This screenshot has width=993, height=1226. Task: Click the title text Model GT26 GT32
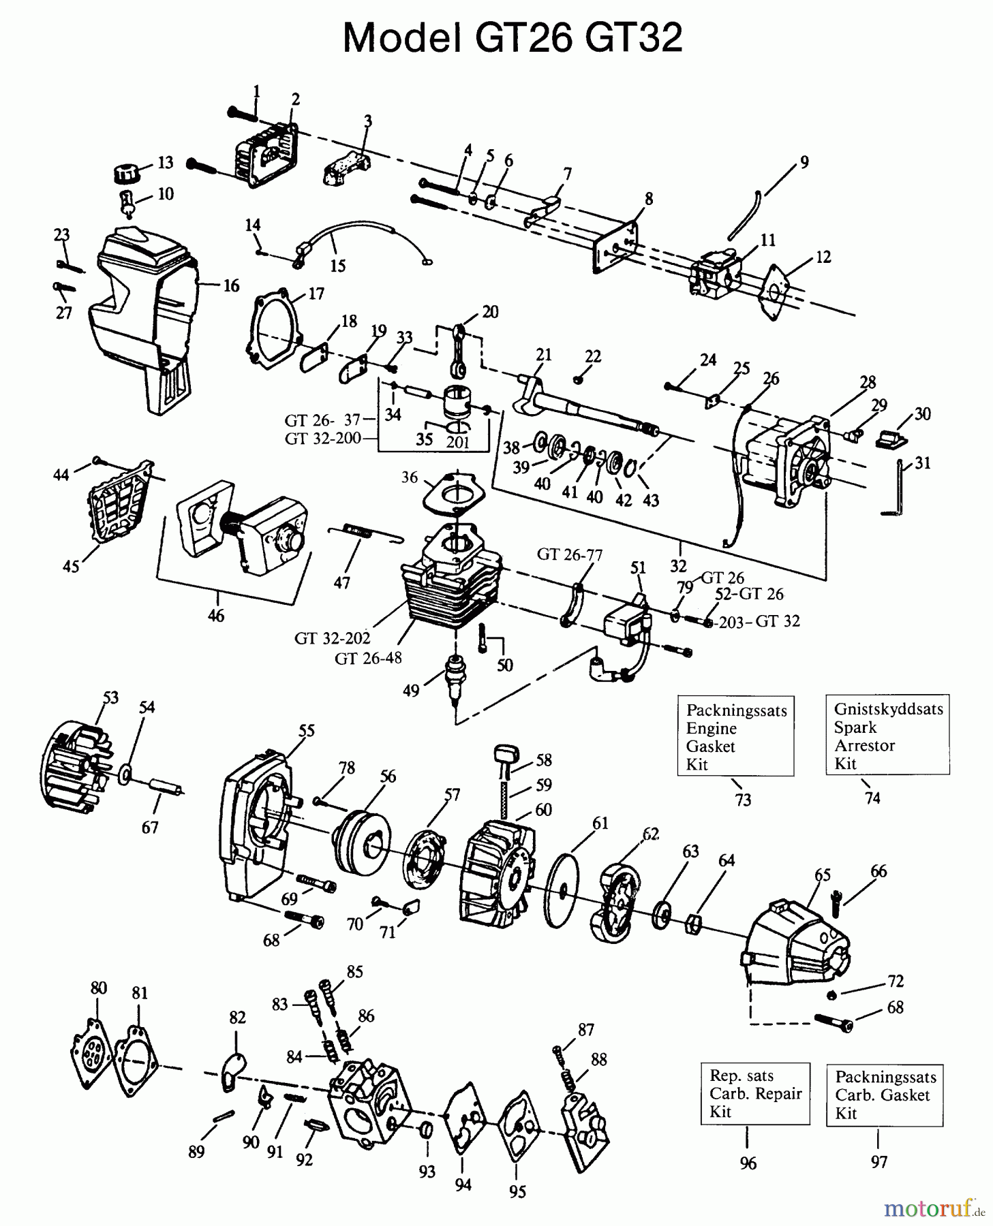pos(512,37)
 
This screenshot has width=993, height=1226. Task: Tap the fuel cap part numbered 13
pos(125,172)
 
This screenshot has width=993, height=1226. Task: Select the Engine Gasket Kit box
pos(735,736)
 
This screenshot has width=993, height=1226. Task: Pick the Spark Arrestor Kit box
pos(887,735)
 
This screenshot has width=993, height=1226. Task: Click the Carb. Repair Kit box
pos(754,1093)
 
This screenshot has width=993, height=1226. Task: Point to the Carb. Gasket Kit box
pos(884,1095)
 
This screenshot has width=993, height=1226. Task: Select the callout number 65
pos(822,874)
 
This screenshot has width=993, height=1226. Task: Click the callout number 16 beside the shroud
pos(231,285)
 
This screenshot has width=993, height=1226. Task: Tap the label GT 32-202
pos(332,638)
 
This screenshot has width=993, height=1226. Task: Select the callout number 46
pos(215,616)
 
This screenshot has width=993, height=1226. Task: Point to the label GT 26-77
pos(569,554)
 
